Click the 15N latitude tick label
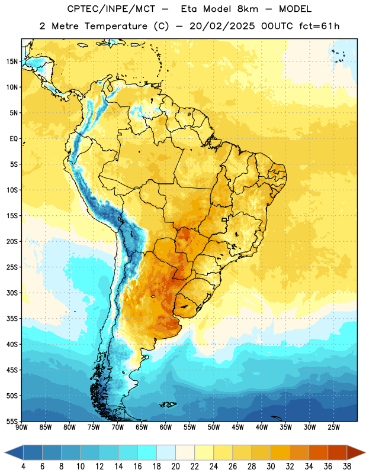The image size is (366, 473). click(x=12, y=61)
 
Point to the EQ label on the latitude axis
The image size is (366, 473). click(x=14, y=139)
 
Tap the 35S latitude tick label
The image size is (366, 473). click(x=12, y=319)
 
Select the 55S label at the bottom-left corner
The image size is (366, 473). click(x=12, y=421)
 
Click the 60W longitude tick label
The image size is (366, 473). click(x=166, y=427)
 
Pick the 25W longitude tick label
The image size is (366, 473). click(x=333, y=427)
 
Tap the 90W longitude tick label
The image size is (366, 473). click(x=21, y=427)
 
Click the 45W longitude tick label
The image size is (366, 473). click(x=237, y=427)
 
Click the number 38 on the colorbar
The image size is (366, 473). click(x=346, y=466)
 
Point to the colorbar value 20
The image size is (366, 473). click(x=175, y=466)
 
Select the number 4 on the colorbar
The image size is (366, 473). click(x=23, y=466)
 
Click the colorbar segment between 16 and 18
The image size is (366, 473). click(x=147, y=452)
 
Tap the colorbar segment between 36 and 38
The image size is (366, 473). click(x=337, y=452)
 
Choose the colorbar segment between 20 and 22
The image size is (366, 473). click(x=185, y=452)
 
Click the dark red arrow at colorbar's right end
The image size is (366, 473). click(x=356, y=452)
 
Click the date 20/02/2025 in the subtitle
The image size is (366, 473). click(x=222, y=26)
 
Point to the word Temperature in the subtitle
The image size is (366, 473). click(x=115, y=26)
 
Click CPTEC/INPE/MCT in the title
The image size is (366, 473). click(x=111, y=9)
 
